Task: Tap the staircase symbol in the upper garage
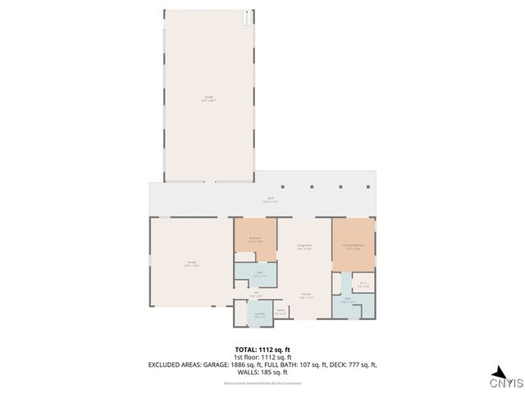(244, 17)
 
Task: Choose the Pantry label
(280, 311)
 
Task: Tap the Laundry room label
(259, 314)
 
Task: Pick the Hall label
(256, 294)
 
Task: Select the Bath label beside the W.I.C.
(348, 300)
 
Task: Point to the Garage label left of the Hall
(191, 263)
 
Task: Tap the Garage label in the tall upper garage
(208, 98)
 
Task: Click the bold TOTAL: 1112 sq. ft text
(262, 350)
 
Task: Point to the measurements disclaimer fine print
(262, 383)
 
